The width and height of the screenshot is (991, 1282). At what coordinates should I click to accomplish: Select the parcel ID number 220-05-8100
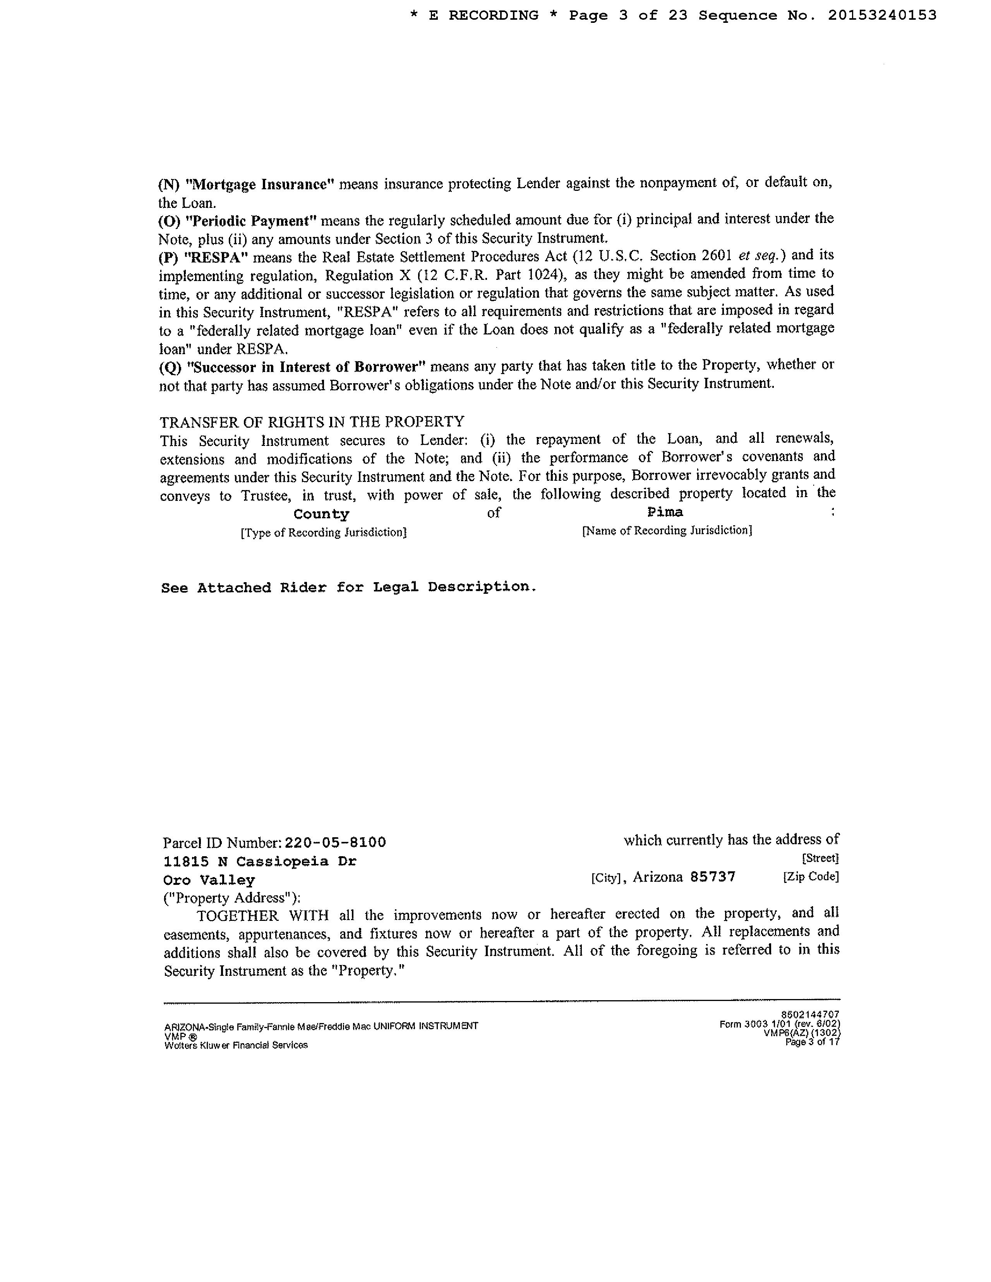(335, 842)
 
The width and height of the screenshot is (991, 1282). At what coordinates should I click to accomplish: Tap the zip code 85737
(713, 876)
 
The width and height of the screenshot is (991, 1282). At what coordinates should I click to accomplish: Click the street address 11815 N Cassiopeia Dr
(259, 861)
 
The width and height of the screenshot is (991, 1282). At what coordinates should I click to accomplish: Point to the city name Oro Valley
(209, 880)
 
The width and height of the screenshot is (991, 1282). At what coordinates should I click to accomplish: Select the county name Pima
(665, 512)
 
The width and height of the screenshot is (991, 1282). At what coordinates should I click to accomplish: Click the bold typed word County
(321, 514)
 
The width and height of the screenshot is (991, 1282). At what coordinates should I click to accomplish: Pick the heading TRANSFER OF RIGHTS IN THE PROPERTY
(312, 422)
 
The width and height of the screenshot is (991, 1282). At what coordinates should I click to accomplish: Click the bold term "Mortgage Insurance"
(259, 184)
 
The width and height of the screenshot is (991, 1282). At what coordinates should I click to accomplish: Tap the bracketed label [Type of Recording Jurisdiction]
(324, 532)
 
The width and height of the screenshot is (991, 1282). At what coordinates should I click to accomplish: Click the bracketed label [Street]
(820, 858)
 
